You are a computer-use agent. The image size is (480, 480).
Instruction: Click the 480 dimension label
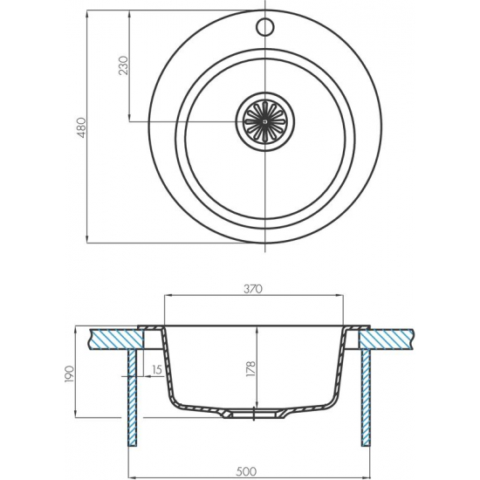point(82,127)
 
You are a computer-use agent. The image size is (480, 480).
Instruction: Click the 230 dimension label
point(124,65)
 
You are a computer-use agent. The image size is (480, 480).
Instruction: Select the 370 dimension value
point(253,289)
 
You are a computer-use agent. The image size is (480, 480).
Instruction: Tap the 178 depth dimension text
point(250,369)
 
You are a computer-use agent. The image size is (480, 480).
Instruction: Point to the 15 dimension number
point(156,370)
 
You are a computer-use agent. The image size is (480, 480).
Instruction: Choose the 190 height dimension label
point(70,374)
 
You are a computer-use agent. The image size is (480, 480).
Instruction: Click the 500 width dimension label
point(246,471)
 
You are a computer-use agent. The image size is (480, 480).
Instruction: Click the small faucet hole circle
point(264,27)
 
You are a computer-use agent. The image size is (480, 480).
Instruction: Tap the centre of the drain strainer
point(264,121)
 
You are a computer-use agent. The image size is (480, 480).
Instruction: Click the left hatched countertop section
point(116,339)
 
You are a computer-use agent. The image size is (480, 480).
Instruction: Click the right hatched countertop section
point(386,339)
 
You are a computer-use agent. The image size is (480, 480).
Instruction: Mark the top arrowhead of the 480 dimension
point(87,14)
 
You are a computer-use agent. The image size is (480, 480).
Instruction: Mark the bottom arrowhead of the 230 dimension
point(129,118)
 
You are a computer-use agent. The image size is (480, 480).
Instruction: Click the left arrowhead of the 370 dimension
point(168,295)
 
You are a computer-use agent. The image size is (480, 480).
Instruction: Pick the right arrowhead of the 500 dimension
point(367,477)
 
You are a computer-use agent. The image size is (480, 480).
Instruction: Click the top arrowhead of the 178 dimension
point(257,330)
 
